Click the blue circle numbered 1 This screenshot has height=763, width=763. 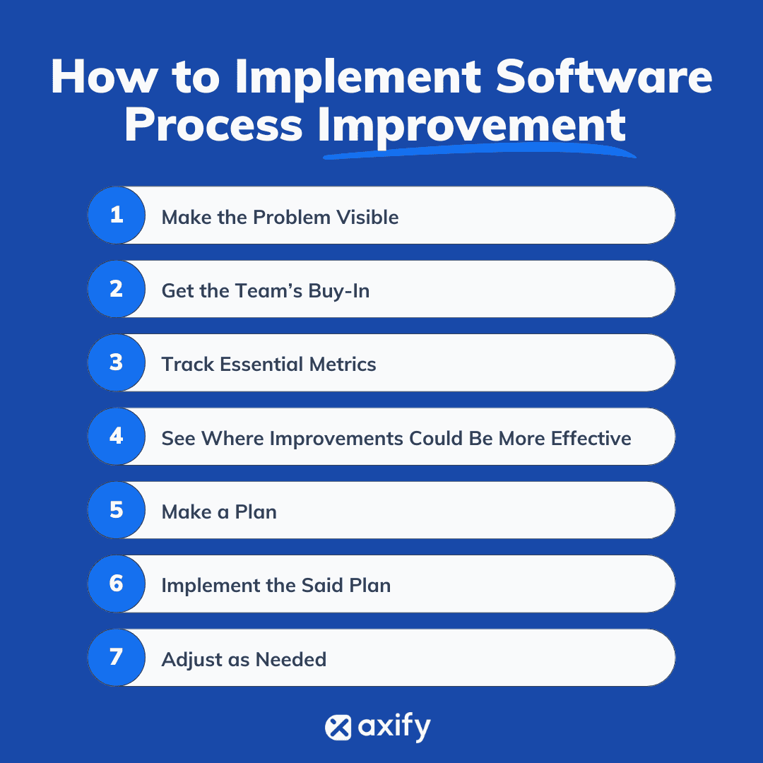pyautogui.click(x=117, y=215)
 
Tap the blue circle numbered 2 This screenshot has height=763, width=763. pyautogui.click(x=117, y=289)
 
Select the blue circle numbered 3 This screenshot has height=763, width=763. pyautogui.click(x=117, y=362)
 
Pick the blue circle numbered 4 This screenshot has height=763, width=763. pyautogui.click(x=117, y=436)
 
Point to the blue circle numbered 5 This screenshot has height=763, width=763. pyautogui.click(x=117, y=509)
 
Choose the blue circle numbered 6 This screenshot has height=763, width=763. pyautogui.click(x=117, y=584)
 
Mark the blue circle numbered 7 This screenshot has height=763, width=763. pyautogui.click(x=117, y=657)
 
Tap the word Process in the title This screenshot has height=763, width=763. pyautogui.click(x=213, y=125)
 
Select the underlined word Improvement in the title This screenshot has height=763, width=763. pyautogui.click(x=472, y=125)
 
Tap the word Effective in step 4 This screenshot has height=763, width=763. pyautogui.click(x=591, y=438)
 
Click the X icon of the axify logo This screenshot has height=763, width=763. pyautogui.click(x=338, y=728)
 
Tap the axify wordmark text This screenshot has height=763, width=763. pyautogui.click(x=394, y=728)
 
